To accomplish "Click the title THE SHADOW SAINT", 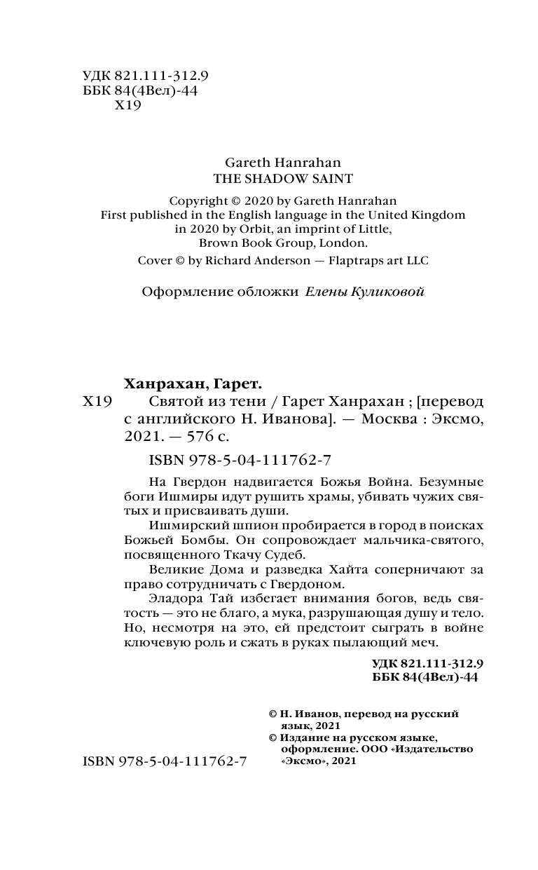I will pos(272,178).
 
